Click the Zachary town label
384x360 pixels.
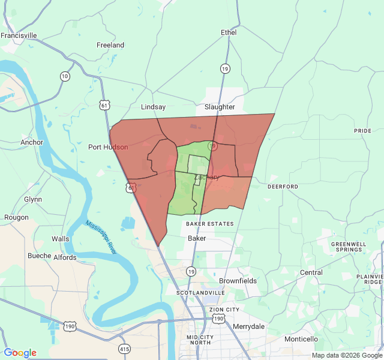[207, 178]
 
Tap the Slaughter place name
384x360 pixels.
[220, 107]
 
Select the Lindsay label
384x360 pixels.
[153, 107]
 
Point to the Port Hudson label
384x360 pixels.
[108, 147]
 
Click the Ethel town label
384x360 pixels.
[229, 32]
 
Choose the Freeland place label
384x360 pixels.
[110, 45]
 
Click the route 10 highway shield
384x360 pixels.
[65, 76]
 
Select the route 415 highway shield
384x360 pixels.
[125, 349]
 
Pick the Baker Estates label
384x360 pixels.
[209, 224]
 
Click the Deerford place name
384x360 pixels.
[283, 187]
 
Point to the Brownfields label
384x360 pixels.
[238, 281]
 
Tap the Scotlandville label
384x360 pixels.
[200, 293]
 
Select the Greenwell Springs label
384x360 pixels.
[349, 247]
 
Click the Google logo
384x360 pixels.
[20, 353]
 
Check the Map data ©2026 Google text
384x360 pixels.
[347, 355]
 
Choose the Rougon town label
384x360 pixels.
[16, 218]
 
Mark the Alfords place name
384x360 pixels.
[65, 257]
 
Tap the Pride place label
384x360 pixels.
[362, 131]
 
